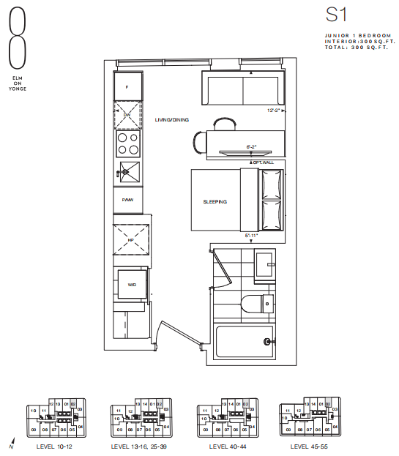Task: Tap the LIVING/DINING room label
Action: [172, 120]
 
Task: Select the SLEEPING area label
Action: [215, 202]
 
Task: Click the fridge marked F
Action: [128, 87]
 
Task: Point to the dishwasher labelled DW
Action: [128, 115]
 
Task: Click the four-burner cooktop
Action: [128, 143]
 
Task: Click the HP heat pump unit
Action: [130, 239]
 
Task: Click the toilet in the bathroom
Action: [257, 302]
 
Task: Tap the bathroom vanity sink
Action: [264, 263]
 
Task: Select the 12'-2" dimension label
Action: [274, 111]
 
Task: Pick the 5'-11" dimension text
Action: [253, 235]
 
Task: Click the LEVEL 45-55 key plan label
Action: [308, 446]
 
